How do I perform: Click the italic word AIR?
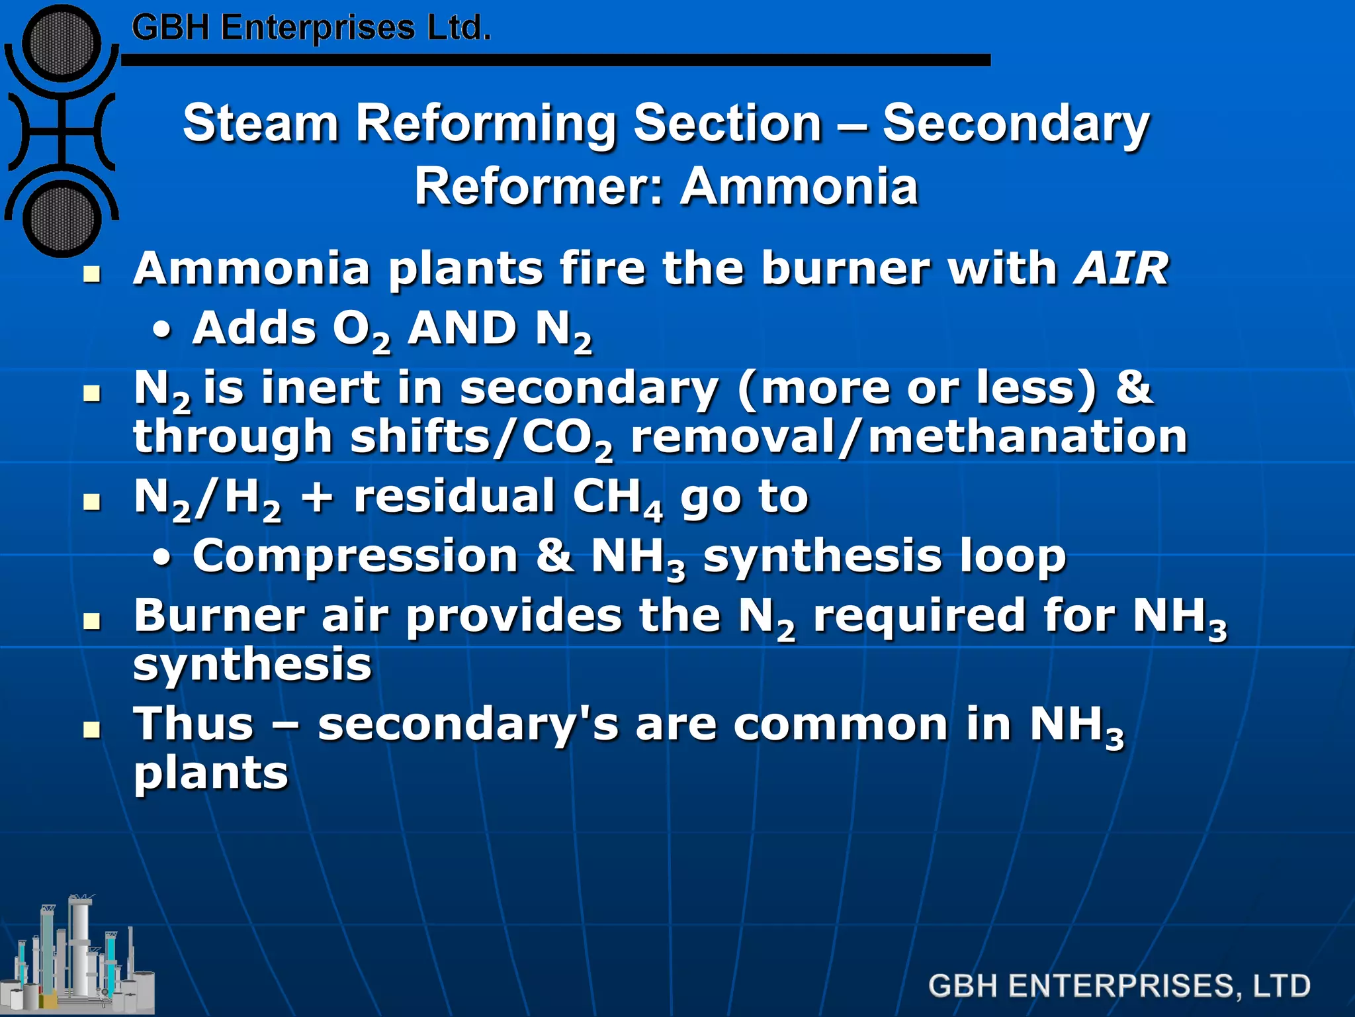(1121, 269)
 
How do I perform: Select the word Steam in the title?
(261, 123)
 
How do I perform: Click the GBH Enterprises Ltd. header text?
(311, 28)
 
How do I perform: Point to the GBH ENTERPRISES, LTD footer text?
(1119, 985)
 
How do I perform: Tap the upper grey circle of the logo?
(62, 44)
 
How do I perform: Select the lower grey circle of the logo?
(62, 218)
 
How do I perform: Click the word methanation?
(1027, 437)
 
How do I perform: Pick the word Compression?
(355, 556)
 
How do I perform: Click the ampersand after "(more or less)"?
(1134, 387)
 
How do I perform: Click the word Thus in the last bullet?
(193, 724)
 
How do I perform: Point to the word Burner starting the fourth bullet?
(219, 616)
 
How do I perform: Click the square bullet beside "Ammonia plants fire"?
(92, 273)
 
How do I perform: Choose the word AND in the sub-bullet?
(462, 328)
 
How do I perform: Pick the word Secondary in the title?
(1016, 123)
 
